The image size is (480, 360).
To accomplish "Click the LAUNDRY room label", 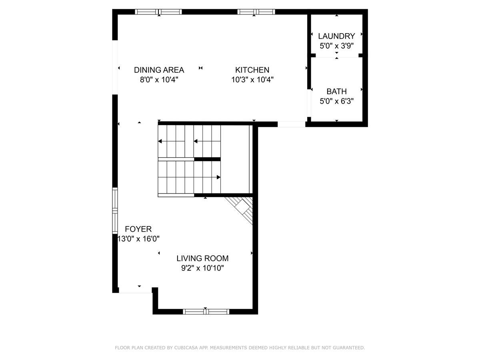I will point(336,36).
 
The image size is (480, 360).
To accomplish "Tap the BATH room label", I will point(336,91).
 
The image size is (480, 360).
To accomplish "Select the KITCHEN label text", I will point(252,70).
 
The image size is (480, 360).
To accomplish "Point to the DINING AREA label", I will point(159,70).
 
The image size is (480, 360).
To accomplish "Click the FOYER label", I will point(138,229).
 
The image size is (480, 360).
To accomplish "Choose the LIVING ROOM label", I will point(202,258).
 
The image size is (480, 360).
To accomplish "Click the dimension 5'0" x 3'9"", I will point(336,46).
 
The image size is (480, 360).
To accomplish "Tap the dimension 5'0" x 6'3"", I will point(336,101).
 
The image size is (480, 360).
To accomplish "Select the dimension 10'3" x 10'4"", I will point(252,80).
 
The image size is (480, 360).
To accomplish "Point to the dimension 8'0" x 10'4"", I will point(159,80).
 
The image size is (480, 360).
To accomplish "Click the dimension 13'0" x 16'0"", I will point(138,239).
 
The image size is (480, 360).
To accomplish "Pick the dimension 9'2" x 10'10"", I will point(202,268).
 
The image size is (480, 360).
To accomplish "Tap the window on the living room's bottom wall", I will point(206,311).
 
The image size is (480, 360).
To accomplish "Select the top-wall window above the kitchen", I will point(256,12).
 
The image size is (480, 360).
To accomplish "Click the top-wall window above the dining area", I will point(158,12).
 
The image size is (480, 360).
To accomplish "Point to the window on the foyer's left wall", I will point(115,211).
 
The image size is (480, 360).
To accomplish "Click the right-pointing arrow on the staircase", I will point(218,177).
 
